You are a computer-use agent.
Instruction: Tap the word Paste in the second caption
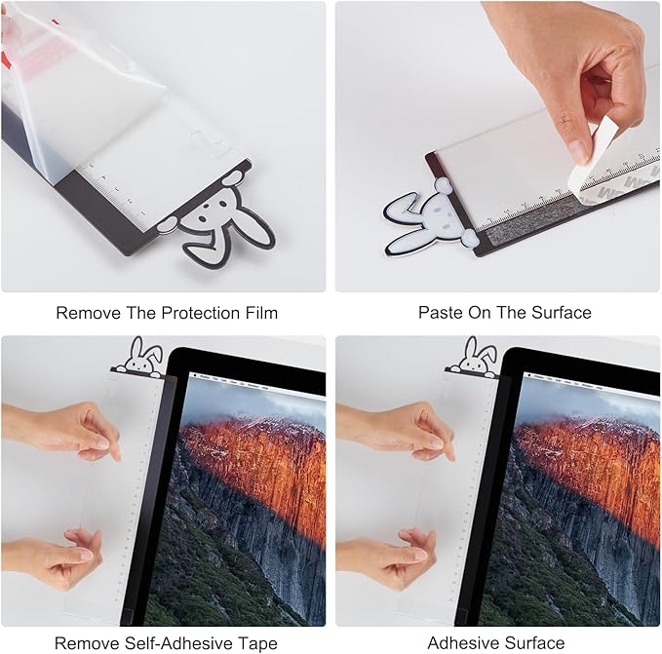click(440, 313)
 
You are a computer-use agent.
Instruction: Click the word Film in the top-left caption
click(259, 313)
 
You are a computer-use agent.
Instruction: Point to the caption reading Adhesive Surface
click(495, 643)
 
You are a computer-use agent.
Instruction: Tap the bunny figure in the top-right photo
click(429, 216)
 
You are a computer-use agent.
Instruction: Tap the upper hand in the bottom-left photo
click(68, 429)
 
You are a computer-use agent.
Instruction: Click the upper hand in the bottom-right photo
click(400, 429)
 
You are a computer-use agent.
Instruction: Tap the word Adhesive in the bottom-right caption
click(463, 643)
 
